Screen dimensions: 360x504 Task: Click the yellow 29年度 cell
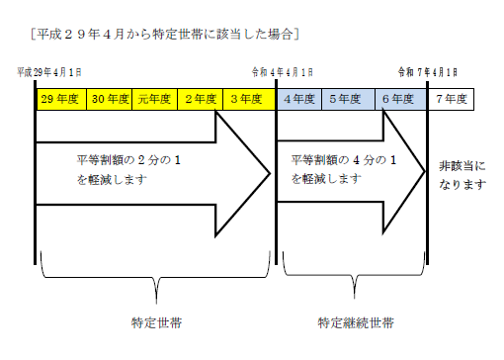pyautogui.click(x=59, y=99)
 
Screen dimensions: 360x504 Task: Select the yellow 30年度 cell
pyautogui.click(x=108, y=99)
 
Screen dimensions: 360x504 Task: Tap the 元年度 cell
pyautogui.click(x=155, y=99)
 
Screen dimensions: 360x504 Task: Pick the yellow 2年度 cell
pyautogui.click(x=201, y=99)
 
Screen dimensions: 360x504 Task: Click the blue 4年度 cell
pyautogui.click(x=299, y=99)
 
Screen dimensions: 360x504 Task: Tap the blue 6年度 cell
pyautogui.click(x=398, y=99)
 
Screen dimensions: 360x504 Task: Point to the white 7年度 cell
pyautogui.click(x=451, y=99)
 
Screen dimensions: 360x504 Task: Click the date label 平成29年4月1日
pyautogui.click(x=49, y=72)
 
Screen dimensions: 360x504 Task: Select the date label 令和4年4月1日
pyautogui.click(x=285, y=72)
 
